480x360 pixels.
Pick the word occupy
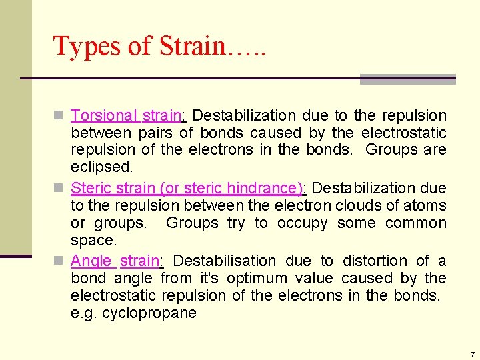tap(300, 223)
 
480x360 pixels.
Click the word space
tap(93, 240)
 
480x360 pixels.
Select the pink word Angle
tap(92, 261)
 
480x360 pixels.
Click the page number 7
tap(471, 354)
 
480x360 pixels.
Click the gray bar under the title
tap(407, 79)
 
